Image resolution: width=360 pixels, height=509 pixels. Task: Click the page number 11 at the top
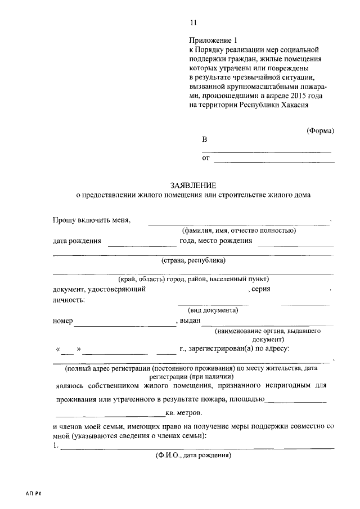(193, 22)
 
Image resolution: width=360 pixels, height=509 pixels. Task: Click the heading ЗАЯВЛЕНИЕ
(193, 185)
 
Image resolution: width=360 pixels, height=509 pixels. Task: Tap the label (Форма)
(320, 130)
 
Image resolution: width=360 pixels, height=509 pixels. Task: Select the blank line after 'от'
(274, 161)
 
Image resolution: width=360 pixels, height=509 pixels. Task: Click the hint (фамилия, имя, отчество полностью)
(238, 230)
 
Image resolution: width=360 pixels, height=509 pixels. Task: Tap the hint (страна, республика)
(193, 260)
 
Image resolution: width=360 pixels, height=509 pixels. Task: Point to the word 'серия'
(262, 289)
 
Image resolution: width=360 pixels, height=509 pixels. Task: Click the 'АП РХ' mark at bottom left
(34, 493)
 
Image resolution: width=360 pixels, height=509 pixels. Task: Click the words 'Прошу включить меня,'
(92, 220)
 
